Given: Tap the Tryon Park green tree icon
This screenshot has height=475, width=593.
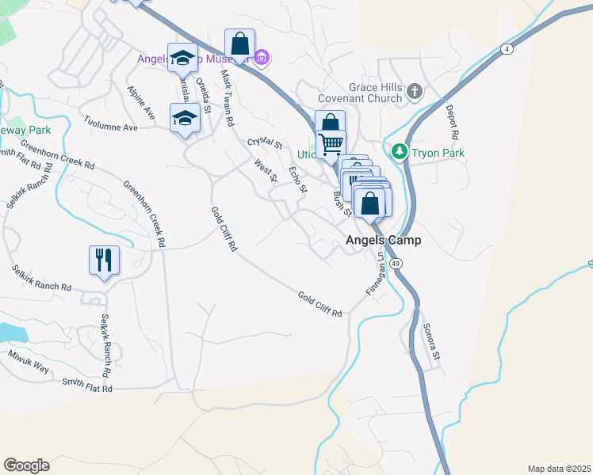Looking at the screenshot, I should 400,151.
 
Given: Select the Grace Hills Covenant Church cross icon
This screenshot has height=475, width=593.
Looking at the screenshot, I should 413,93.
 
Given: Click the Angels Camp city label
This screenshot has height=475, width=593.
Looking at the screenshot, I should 383,240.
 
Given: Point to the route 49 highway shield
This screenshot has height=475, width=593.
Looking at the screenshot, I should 396,263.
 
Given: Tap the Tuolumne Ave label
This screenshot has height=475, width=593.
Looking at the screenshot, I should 111,123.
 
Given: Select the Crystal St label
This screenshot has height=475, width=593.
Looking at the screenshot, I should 265,142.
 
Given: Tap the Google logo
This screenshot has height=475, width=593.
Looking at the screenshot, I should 26,465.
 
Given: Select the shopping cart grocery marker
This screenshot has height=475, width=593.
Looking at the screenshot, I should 331,145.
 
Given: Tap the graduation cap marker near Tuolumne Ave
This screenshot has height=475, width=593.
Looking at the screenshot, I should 185,118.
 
